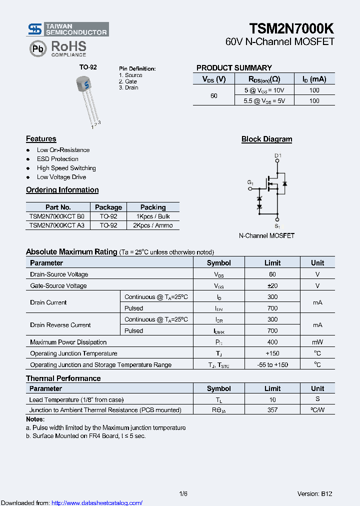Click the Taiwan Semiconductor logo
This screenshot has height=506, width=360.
point(67,29)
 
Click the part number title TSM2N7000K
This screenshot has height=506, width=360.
point(291,28)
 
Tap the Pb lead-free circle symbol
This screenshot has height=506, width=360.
point(37,48)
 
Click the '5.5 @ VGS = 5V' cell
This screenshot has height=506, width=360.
point(264,100)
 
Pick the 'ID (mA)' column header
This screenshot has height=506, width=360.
point(314,79)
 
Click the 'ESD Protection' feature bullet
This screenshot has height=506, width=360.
point(57,159)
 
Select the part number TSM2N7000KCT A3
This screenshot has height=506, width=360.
point(57,225)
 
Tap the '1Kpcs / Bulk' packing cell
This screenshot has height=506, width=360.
point(153,216)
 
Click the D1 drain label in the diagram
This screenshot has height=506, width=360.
point(278,156)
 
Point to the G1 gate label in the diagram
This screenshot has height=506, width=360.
point(250,183)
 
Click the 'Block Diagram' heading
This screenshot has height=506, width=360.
point(266,139)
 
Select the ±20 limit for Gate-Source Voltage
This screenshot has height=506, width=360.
point(272,285)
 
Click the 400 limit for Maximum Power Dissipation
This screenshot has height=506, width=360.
point(272,342)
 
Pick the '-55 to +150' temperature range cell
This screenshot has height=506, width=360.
point(272,364)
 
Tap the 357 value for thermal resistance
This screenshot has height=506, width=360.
point(272,410)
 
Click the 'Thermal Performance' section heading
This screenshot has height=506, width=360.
point(63,378)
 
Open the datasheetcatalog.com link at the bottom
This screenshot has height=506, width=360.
point(97,503)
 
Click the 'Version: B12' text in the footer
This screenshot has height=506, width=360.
point(314,493)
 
